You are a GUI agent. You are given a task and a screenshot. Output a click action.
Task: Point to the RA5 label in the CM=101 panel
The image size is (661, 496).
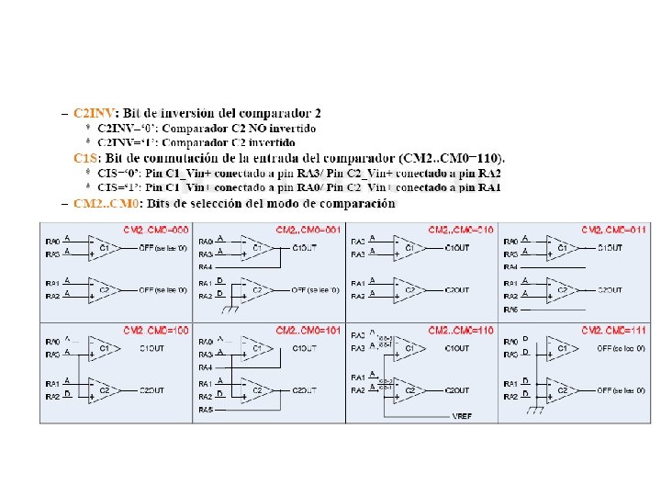(207, 409)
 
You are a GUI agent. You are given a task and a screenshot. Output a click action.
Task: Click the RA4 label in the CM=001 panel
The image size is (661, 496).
(207, 266)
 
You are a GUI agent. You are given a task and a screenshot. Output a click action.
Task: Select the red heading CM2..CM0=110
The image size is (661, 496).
(460, 329)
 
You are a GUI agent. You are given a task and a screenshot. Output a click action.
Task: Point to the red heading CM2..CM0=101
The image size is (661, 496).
(308, 329)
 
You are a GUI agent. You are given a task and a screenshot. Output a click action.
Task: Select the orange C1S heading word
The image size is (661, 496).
(84, 158)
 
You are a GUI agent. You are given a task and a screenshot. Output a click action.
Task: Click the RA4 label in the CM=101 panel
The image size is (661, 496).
(207, 366)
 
